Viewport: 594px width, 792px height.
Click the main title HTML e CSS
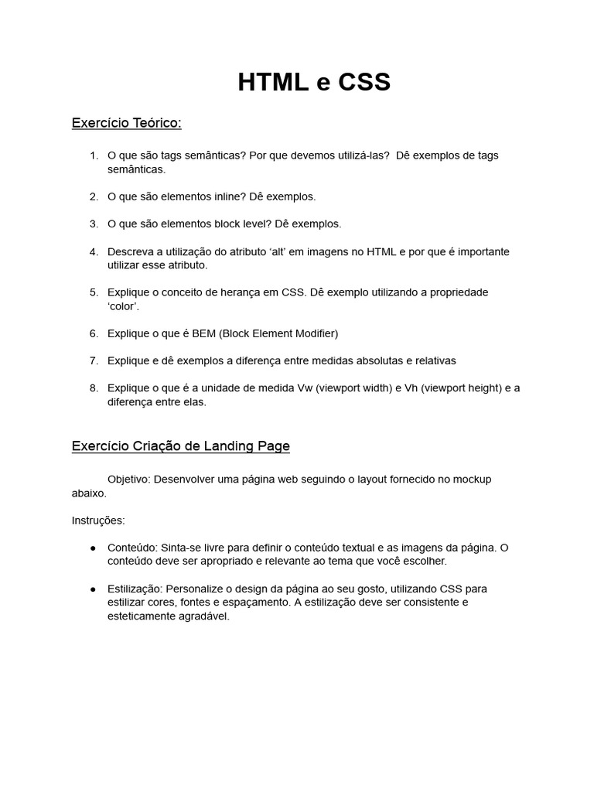click(x=314, y=82)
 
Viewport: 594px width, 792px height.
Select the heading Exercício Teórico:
click(x=126, y=123)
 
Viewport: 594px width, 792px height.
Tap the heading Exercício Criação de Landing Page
click(x=181, y=446)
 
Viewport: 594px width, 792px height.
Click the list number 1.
click(x=94, y=155)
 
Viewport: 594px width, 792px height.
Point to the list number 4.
click(x=94, y=252)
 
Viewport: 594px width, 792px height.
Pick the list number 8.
click(x=94, y=388)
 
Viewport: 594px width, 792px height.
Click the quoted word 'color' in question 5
click(x=124, y=306)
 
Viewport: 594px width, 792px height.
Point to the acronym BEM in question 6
click(x=204, y=333)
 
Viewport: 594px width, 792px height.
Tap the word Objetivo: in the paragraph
click(x=128, y=480)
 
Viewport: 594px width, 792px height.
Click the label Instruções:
click(x=98, y=521)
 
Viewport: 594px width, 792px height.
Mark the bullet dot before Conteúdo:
click(x=94, y=548)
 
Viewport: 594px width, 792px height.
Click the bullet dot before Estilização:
click(x=94, y=589)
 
